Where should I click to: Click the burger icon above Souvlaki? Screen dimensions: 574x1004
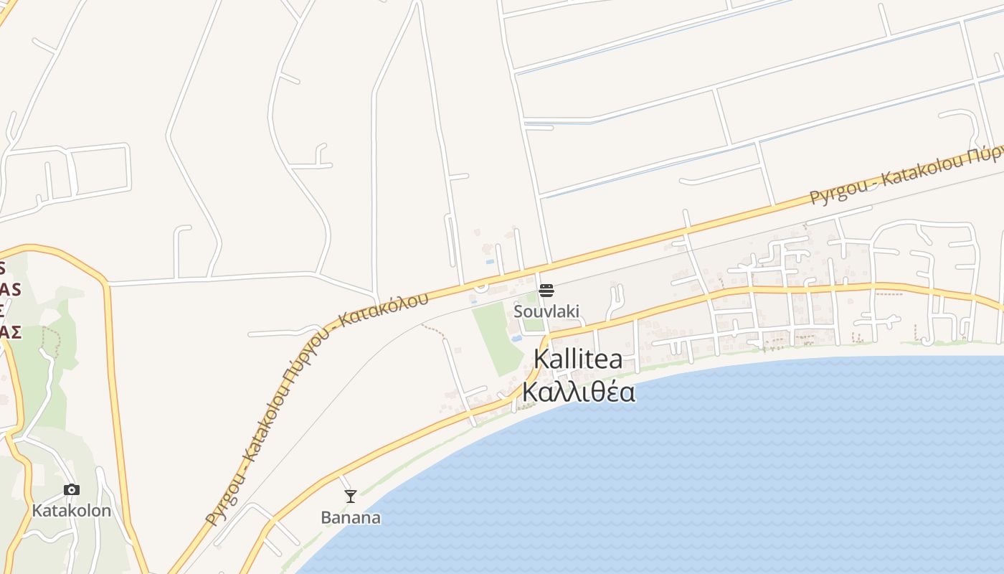pyautogui.click(x=546, y=291)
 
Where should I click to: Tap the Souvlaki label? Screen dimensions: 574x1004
pyautogui.click(x=546, y=311)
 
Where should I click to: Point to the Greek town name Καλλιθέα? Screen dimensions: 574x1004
pyautogui.click(x=578, y=392)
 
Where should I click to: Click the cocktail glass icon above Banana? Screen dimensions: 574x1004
pyautogui.click(x=351, y=496)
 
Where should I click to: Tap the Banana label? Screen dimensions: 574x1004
pyautogui.click(x=351, y=517)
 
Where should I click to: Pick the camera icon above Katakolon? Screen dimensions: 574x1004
pyautogui.click(x=72, y=489)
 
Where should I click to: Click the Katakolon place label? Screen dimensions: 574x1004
pyautogui.click(x=72, y=511)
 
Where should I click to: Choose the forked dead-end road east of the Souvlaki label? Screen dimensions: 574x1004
pyautogui.click(x=615, y=301)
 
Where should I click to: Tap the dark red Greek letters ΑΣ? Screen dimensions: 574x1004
pyautogui.click(x=10, y=331)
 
